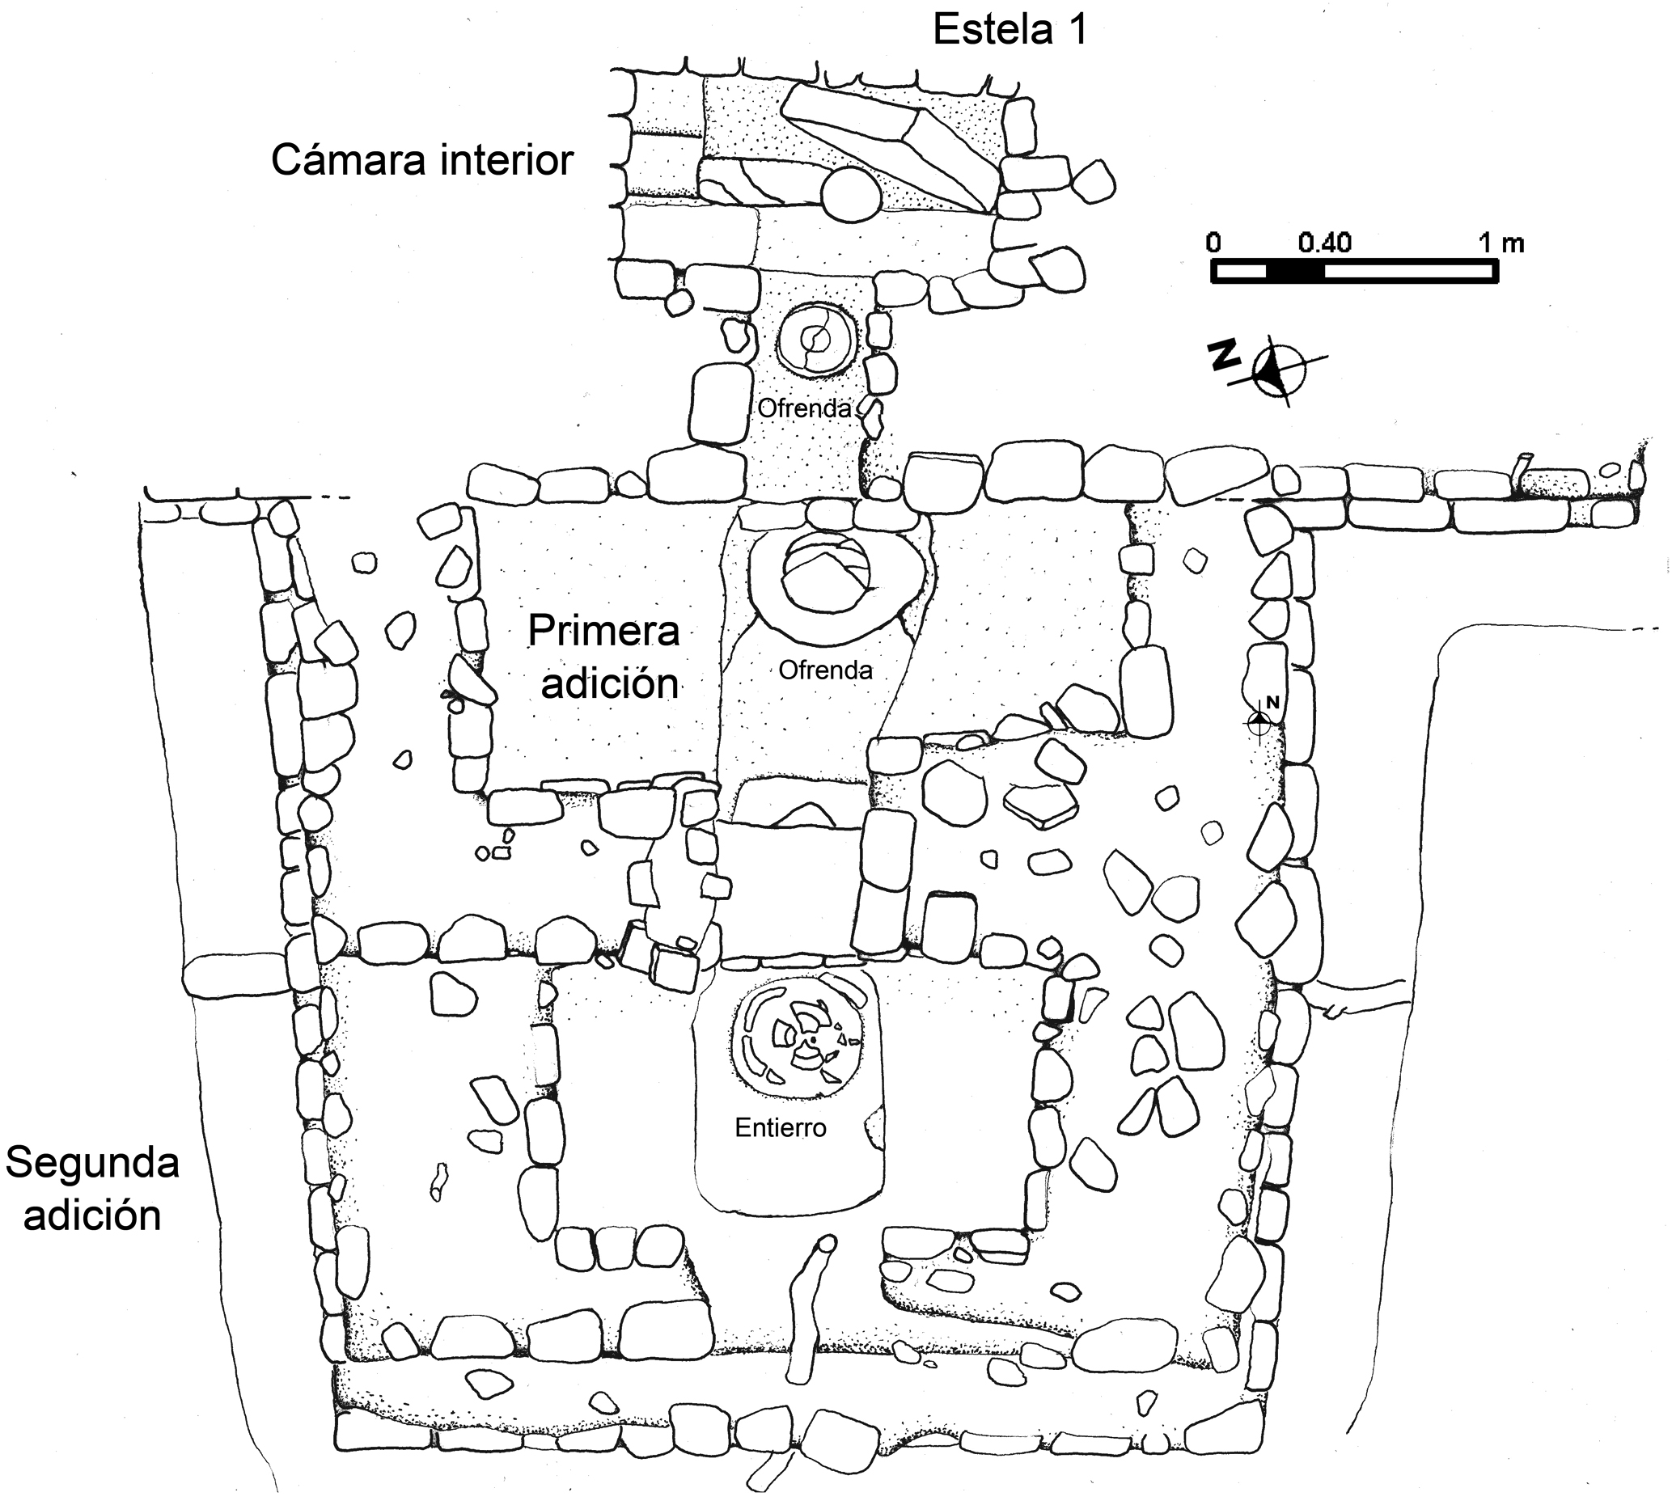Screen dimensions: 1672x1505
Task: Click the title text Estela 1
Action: [x=1010, y=30]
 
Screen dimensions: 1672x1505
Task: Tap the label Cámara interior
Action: [x=421, y=159]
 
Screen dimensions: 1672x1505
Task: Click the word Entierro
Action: [x=781, y=1127]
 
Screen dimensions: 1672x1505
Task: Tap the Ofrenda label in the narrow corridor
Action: [x=804, y=408]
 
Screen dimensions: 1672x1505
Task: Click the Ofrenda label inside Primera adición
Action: [x=825, y=669]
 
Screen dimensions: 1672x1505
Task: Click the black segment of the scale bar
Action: [x=1295, y=271]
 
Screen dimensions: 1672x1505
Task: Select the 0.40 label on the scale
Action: [x=1324, y=243]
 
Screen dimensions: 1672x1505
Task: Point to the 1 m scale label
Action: [x=1501, y=243]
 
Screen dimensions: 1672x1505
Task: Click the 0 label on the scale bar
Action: [x=1213, y=243]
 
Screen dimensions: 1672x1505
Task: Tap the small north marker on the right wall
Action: [x=1262, y=721]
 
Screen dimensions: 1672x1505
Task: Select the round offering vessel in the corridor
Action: [x=815, y=339]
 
